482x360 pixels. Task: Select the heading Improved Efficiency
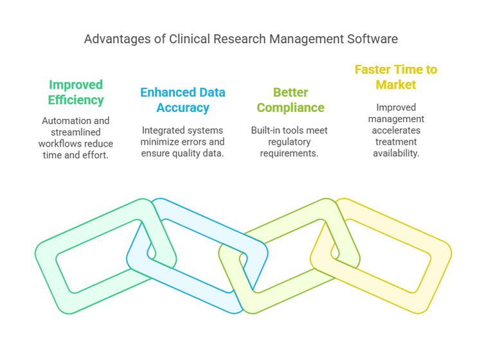point(76,93)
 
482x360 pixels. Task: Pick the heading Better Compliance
point(290,100)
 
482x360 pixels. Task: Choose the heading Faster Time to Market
point(396,77)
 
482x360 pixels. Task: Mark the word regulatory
point(290,141)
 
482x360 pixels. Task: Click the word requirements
point(290,152)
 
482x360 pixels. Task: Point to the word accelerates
point(396,130)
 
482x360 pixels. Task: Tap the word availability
point(396,152)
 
